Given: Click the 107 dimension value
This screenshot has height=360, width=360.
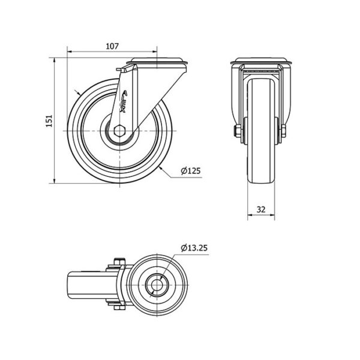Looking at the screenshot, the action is pyautogui.click(x=112, y=46).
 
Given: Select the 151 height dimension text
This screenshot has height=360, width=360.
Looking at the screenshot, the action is pyautogui.click(x=49, y=121).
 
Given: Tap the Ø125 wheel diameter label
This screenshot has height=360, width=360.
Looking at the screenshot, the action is pyautogui.click(x=191, y=171).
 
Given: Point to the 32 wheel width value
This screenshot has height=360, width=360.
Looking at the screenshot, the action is pyautogui.click(x=261, y=209).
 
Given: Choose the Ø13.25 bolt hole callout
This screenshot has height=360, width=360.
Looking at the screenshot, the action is pyautogui.click(x=194, y=248).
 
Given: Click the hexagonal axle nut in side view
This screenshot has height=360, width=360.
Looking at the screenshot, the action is pyautogui.click(x=119, y=131).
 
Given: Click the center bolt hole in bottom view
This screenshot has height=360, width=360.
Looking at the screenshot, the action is pyautogui.click(x=157, y=285).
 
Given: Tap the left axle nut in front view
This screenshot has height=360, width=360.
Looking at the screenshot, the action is pyautogui.click(x=237, y=131).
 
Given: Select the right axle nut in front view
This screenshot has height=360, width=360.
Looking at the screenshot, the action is pyautogui.click(x=284, y=131).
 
